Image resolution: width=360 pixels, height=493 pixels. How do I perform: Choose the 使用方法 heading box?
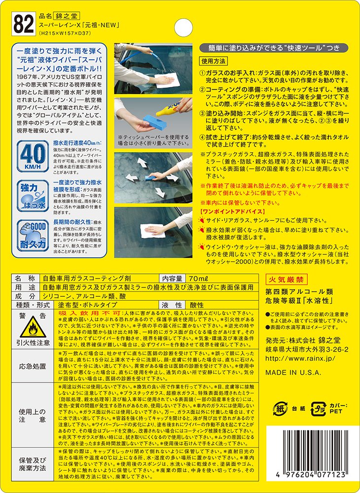click(214, 61)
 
